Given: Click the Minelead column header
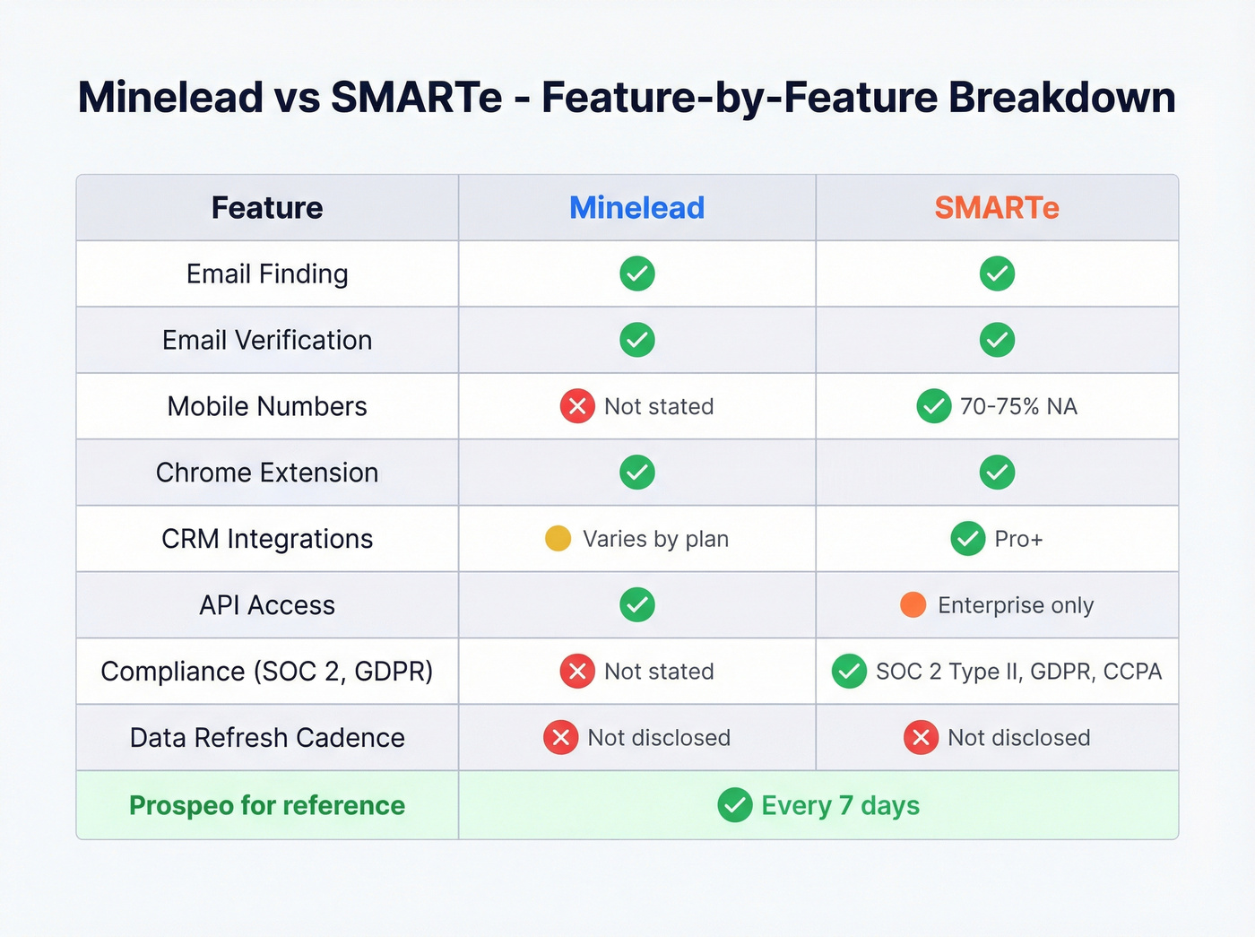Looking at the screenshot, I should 636,208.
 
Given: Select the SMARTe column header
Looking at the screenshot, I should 997,208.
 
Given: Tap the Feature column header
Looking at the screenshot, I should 267,208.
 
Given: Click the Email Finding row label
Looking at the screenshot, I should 267,273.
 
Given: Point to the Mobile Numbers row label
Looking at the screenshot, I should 267,406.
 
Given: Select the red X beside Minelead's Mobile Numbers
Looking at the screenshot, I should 577,406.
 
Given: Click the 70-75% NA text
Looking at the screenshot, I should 1018,406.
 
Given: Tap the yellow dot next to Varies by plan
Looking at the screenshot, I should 558,539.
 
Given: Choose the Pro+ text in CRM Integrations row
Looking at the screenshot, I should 1018,539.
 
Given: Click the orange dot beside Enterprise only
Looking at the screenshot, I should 913,605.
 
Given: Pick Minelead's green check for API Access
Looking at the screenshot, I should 636,605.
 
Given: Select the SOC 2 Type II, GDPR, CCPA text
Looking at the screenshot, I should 1018,672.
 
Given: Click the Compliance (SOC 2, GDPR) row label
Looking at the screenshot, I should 267,672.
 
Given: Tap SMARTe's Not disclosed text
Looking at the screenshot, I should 1018,738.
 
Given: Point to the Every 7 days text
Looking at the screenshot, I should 840,805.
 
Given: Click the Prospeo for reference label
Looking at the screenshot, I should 267,805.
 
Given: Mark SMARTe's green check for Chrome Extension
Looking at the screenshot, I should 997,473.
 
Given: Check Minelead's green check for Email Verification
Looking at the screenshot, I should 636,340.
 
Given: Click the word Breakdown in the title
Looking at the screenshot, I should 1062,97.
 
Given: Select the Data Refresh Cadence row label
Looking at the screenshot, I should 267,738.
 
